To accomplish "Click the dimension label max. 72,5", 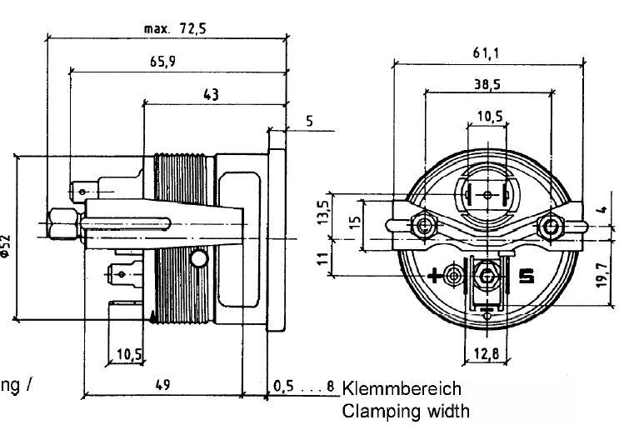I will coord(174,28).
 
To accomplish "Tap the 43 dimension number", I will coord(211,95).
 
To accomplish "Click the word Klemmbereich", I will coord(401,388).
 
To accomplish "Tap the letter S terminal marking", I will coord(526,275).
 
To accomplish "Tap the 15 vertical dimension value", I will coord(356,222).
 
